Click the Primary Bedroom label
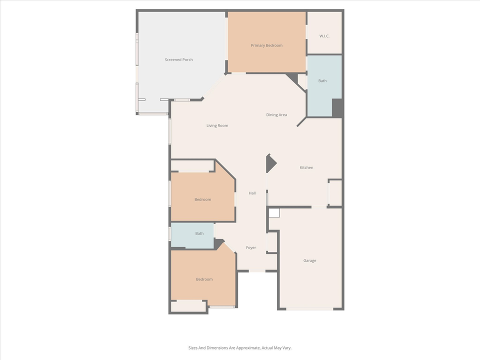click(266, 45)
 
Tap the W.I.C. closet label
click(324, 36)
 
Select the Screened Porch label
click(178, 60)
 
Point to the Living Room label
click(217, 125)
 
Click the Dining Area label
click(276, 115)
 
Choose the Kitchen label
click(306, 167)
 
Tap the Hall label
click(252, 193)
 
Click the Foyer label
click(251, 248)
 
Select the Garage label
click(309, 260)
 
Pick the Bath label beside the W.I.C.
click(322, 81)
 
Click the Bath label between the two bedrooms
click(199, 233)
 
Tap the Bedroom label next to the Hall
click(202, 199)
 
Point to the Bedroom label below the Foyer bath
click(204, 279)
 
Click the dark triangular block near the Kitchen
click(270, 163)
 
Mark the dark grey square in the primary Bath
click(337, 108)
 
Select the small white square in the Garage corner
click(274, 212)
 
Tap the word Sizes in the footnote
click(193, 347)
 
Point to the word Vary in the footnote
click(286, 347)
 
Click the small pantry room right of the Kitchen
click(335, 192)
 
